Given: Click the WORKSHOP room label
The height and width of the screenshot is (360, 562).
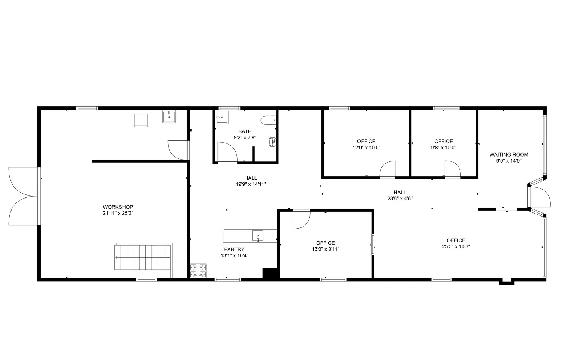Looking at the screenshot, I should (x=118, y=207).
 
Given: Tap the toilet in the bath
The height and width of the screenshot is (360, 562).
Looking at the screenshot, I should (x=268, y=120).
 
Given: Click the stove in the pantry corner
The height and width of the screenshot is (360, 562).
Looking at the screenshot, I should (x=199, y=271).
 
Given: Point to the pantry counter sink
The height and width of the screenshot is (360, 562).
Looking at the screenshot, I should (x=257, y=236).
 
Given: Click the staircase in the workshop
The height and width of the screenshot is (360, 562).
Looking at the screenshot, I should (x=143, y=257).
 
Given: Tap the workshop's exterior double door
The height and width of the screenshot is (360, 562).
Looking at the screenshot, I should (x=23, y=196).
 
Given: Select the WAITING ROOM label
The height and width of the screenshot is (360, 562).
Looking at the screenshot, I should (x=508, y=154).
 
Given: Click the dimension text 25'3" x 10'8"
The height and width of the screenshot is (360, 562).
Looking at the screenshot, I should (x=456, y=246).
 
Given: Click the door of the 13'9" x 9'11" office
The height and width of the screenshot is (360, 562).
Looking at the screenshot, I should (x=301, y=220).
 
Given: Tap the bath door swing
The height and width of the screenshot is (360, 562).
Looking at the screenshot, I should (x=227, y=153).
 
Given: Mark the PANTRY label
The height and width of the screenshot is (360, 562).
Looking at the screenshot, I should (x=234, y=249).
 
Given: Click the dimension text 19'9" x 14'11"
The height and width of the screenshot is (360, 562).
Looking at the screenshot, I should (x=251, y=184).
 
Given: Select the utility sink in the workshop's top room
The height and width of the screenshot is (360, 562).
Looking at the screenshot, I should (x=169, y=117).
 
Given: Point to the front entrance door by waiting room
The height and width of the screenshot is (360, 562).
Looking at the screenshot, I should (x=540, y=197).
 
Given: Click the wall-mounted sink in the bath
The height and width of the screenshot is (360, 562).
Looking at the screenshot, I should (x=272, y=142).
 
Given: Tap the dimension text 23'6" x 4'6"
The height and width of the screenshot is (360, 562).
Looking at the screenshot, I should (x=400, y=199).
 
